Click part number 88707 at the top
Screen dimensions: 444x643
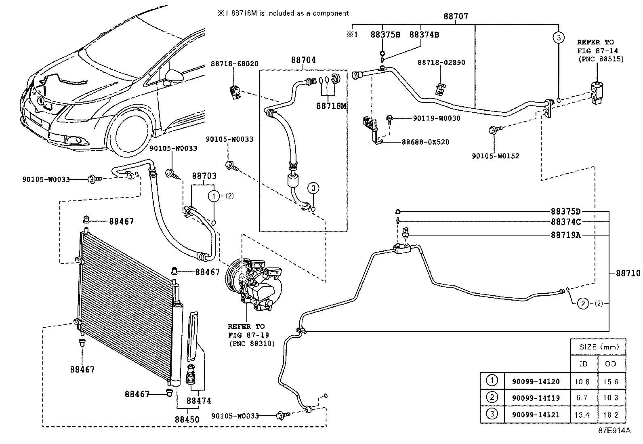pyautogui.click(x=456, y=17)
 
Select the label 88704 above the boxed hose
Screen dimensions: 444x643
pyautogui.click(x=303, y=60)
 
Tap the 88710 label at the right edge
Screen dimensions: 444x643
pyautogui.click(x=628, y=274)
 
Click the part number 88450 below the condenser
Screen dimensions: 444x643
pyautogui.click(x=187, y=419)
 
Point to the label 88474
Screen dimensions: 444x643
pyautogui.click(x=199, y=401)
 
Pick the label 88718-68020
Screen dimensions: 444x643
pyautogui.click(x=234, y=64)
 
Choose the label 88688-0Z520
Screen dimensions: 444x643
pyautogui.click(x=425, y=142)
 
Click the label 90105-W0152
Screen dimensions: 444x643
pyautogui.click(x=495, y=156)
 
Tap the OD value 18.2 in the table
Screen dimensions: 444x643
pyautogui.click(x=610, y=415)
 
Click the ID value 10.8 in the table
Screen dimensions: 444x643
pyautogui.click(x=582, y=382)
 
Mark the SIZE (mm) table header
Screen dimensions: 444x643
pyautogui.click(x=598, y=347)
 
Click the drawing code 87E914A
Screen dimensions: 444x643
pyautogui.click(x=614, y=431)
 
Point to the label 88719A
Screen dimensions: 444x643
pyautogui.click(x=565, y=235)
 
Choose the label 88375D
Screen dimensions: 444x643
pyautogui.click(x=565, y=212)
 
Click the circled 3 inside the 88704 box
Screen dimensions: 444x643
pyautogui.click(x=313, y=188)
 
